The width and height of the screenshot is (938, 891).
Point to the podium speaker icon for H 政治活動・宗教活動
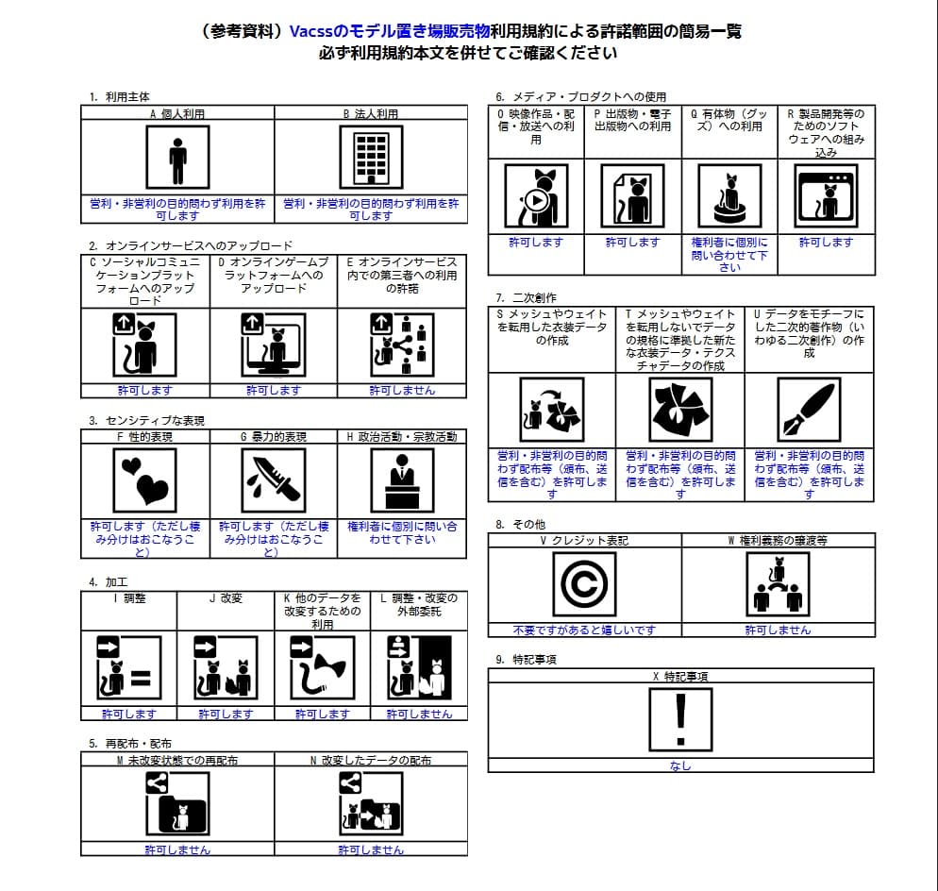coord(402,479)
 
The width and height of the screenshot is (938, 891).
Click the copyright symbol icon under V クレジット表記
coord(584,584)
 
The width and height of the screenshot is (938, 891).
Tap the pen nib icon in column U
coord(809,409)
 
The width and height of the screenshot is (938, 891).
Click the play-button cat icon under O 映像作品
coord(535,196)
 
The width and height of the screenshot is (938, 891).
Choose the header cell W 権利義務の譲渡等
coord(778,541)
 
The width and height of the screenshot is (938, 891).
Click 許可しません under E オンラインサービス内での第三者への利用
coord(402,390)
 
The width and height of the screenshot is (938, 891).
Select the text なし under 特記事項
coord(680,765)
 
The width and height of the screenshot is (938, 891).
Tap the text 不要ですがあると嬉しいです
coord(583,630)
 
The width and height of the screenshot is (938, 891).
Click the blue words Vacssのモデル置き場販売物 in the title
coord(390,31)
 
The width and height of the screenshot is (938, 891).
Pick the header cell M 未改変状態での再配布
coord(177,760)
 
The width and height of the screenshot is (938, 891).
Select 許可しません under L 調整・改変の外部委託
coord(419,714)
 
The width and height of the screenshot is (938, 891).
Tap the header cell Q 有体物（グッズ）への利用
coord(729,119)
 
